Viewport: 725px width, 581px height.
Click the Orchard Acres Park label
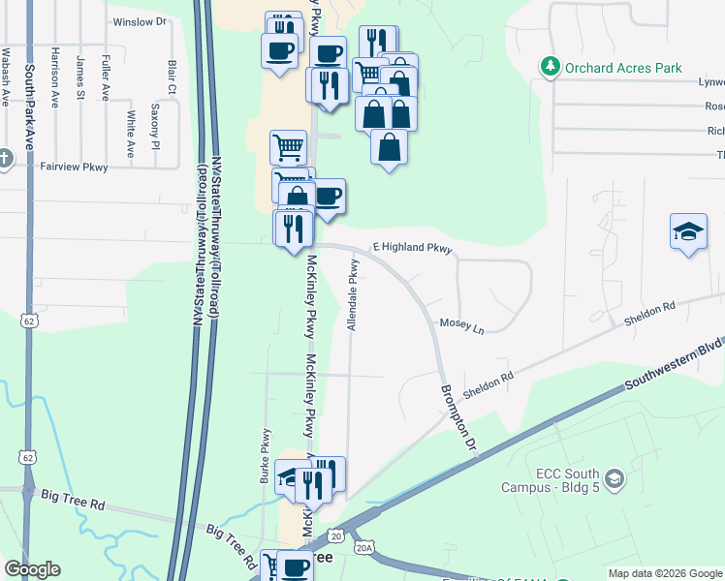coord(624,69)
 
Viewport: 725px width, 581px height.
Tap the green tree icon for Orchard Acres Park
coord(551,67)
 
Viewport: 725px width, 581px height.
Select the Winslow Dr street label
coord(141,21)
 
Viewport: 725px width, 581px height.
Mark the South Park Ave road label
coord(29,107)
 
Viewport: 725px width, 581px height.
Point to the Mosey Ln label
coord(461,325)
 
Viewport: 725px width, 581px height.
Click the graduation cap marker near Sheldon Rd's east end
coord(688,233)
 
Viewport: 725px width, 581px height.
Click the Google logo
coord(32,569)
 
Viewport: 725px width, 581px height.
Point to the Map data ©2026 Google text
coord(664,573)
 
